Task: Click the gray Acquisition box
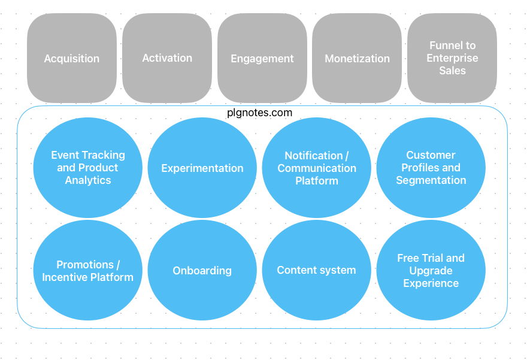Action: coord(72,58)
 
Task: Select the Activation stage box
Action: coord(167,58)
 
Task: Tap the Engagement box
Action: coord(262,58)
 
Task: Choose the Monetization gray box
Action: coord(357,58)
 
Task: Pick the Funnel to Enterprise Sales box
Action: coord(452,58)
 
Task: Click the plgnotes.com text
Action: coord(259,113)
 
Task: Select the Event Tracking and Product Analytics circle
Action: coord(87,168)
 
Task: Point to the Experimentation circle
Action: coord(202,168)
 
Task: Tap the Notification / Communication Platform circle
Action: coord(317,168)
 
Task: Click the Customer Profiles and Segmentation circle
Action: coord(431,168)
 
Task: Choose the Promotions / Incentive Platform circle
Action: coord(87,270)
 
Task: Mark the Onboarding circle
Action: coord(202,270)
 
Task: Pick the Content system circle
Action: coord(317,270)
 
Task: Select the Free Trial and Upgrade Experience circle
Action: coord(431,270)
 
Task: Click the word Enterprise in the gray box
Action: coord(452,58)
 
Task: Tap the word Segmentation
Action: coord(431,180)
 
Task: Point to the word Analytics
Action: coord(88,180)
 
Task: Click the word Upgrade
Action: coord(431,271)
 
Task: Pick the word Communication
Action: coord(317,168)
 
